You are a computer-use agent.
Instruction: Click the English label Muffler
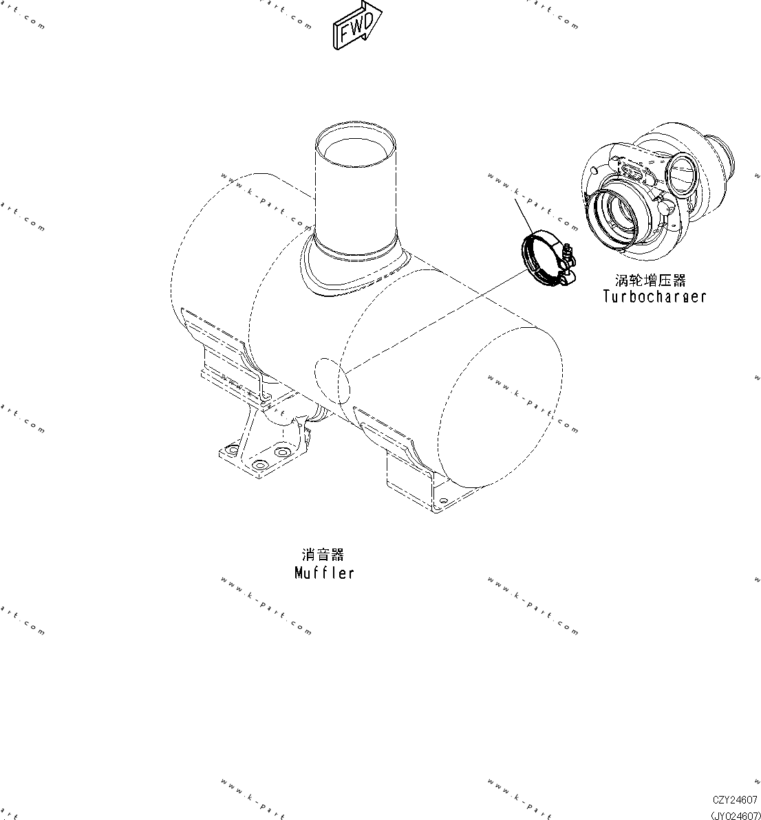(324, 573)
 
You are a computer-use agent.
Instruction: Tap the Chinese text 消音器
(323, 555)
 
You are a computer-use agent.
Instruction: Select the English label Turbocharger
(654, 297)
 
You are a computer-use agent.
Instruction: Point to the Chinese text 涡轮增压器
(650, 280)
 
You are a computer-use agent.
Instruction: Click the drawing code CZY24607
(735, 800)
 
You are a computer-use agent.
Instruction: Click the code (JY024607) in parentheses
(735, 815)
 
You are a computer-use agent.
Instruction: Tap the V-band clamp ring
(539, 258)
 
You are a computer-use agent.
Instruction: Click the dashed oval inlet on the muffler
(333, 381)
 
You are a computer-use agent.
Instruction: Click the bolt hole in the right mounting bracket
(442, 500)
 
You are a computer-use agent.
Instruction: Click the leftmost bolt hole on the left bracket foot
(231, 452)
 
